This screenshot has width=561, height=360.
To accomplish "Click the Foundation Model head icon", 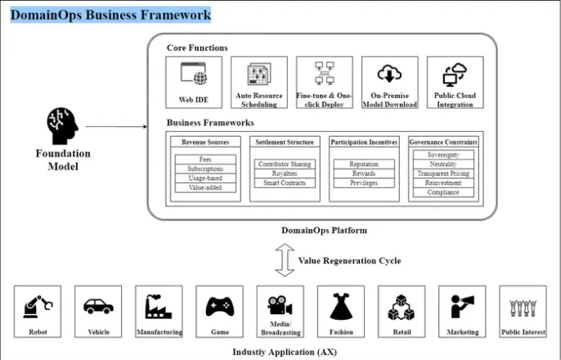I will click(62, 128).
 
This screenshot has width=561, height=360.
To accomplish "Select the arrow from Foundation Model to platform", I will click(114, 128).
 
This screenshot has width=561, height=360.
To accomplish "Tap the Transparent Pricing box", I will click(444, 173).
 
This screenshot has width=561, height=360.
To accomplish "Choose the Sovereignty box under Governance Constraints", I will click(444, 154).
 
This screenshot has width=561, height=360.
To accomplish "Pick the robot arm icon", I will click(38, 307).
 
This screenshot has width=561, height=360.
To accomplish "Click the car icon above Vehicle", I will click(98, 307).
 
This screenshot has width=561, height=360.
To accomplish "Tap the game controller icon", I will click(219, 307).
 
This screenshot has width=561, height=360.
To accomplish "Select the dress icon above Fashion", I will click(341, 307).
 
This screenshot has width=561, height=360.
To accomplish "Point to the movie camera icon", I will click(280, 304).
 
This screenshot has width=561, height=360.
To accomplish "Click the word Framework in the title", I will click(173, 14).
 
